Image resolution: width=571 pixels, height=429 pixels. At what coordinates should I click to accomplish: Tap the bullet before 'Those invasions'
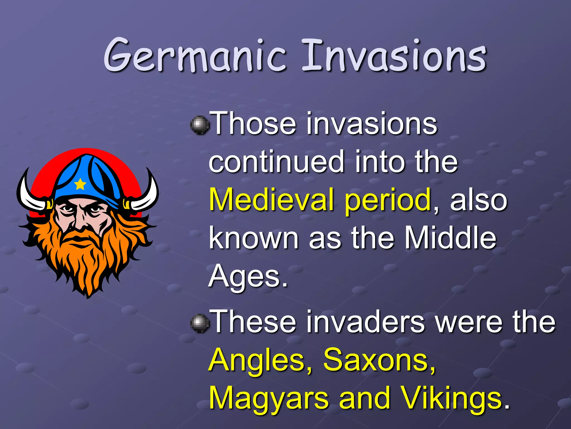200,125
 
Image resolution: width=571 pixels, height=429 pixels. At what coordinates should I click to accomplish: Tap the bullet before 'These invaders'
200,323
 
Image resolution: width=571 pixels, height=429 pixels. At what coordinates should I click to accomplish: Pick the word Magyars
269,399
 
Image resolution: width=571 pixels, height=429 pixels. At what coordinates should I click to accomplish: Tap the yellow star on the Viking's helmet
80,184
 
